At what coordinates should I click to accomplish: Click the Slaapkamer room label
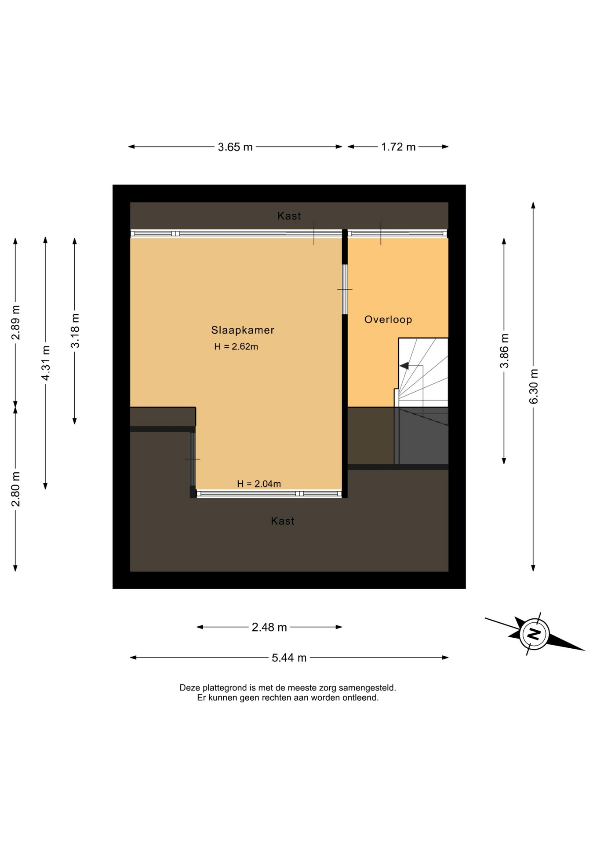pyautogui.click(x=243, y=330)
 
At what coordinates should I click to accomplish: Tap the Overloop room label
pyautogui.click(x=388, y=320)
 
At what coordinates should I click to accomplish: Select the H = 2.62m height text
pyautogui.click(x=236, y=346)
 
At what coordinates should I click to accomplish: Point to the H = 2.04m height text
pyautogui.click(x=259, y=484)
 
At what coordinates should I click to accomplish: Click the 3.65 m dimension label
pyautogui.click(x=235, y=147)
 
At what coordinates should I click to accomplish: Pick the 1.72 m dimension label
pyautogui.click(x=398, y=147)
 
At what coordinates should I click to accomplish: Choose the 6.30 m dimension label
pyautogui.click(x=534, y=386)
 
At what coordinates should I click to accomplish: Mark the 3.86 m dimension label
pyautogui.click(x=504, y=351)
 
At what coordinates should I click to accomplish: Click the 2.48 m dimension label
pyautogui.click(x=269, y=627)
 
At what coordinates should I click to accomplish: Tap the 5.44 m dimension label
pyautogui.click(x=289, y=658)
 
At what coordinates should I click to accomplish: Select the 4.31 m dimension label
pyautogui.click(x=45, y=363)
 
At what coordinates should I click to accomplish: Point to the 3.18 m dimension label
pyautogui.click(x=75, y=331)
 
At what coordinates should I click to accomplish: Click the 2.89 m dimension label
pyautogui.click(x=16, y=323)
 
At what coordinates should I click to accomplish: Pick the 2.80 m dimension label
pyautogui.click(x=16, y=489)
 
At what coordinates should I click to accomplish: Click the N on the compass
pyautogui.click(x=534, y=634)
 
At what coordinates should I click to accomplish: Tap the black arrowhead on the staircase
pyautogui.click(x=404, y=366)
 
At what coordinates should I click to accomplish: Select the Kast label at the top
pyautogui.click(x=289, y=216)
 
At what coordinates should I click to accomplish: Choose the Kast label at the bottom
pyautogui.click(x=283, y=521)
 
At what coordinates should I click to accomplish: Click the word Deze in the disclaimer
pyautogui.click(x=190, y=687)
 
